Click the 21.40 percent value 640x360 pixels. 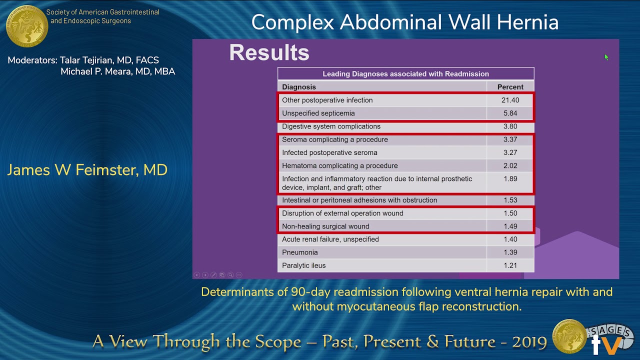510,100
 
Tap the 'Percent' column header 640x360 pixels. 510,87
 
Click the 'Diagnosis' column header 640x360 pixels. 299,87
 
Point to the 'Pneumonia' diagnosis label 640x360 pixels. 299,252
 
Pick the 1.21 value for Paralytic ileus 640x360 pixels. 510,265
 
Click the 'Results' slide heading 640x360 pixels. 269,53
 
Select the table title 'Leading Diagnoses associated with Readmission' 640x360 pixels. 405,74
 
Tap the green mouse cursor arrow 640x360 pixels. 606,57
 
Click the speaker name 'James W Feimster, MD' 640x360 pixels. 87,170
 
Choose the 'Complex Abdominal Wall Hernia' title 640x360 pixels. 404,22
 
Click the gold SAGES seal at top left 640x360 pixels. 26,26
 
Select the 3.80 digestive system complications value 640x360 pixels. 510,126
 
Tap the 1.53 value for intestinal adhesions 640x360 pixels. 510,200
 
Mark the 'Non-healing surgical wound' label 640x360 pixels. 325,226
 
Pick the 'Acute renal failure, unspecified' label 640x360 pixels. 330,239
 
